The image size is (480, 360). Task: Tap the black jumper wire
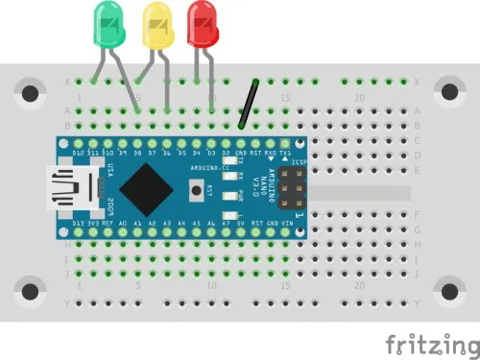(249, 103)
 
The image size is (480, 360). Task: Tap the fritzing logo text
(429, 343)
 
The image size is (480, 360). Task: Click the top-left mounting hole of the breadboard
(32, 93)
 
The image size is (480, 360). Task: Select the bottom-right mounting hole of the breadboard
(448, 290)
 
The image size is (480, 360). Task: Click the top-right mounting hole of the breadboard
(448, 93)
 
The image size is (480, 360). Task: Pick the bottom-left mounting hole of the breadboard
(32, 290)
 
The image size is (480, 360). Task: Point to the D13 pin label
(80, 224)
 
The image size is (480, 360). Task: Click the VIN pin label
(285, 224)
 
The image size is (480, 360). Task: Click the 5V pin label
(241, 224)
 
